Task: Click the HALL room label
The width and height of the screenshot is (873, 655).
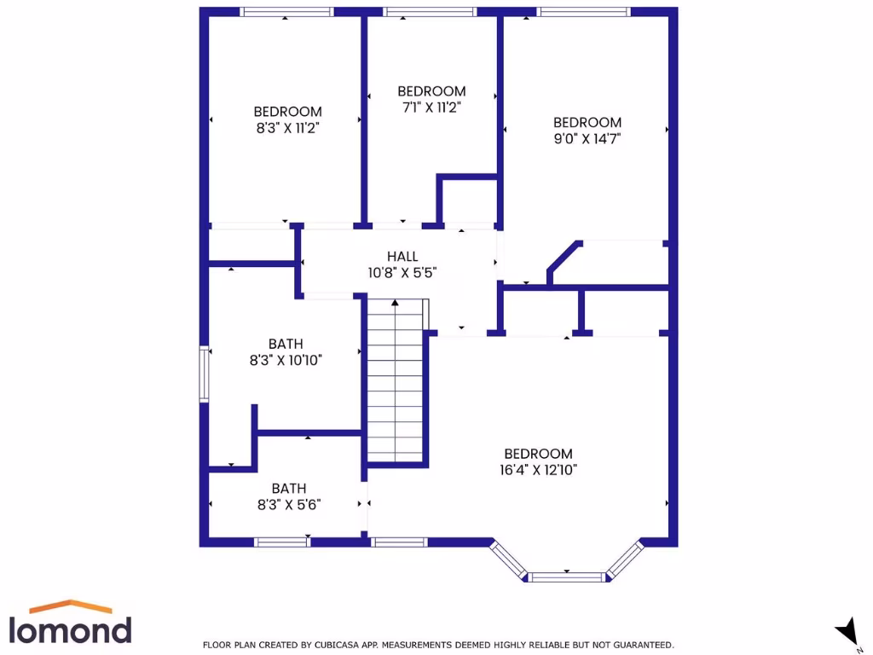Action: coord(402,257)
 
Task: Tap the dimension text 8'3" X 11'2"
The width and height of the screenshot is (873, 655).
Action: coord(287,127)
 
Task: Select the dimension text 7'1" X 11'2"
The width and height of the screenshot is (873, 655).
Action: coord(431,107)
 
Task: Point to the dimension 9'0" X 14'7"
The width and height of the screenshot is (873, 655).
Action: coord(587,138)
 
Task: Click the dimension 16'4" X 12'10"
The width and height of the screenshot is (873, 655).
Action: coord(538,469)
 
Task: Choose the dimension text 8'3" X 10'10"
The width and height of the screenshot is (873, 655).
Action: coord(286,360)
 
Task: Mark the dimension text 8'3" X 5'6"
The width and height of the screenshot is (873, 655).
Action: coord(289,504)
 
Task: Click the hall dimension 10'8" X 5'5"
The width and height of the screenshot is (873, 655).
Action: coord(402,273)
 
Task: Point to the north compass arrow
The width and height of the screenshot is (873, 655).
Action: coord(846,631)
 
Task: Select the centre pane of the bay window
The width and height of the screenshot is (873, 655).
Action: coord(567,577)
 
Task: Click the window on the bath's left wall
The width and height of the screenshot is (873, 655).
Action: coord(204,373)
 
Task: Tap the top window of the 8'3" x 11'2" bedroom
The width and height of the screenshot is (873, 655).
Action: coord(286,12)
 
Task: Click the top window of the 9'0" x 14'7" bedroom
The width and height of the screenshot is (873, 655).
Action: coord(584,12)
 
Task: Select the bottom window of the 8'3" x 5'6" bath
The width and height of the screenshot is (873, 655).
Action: coord(283,542)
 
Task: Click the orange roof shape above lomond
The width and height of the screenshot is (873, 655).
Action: coord(71,606)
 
